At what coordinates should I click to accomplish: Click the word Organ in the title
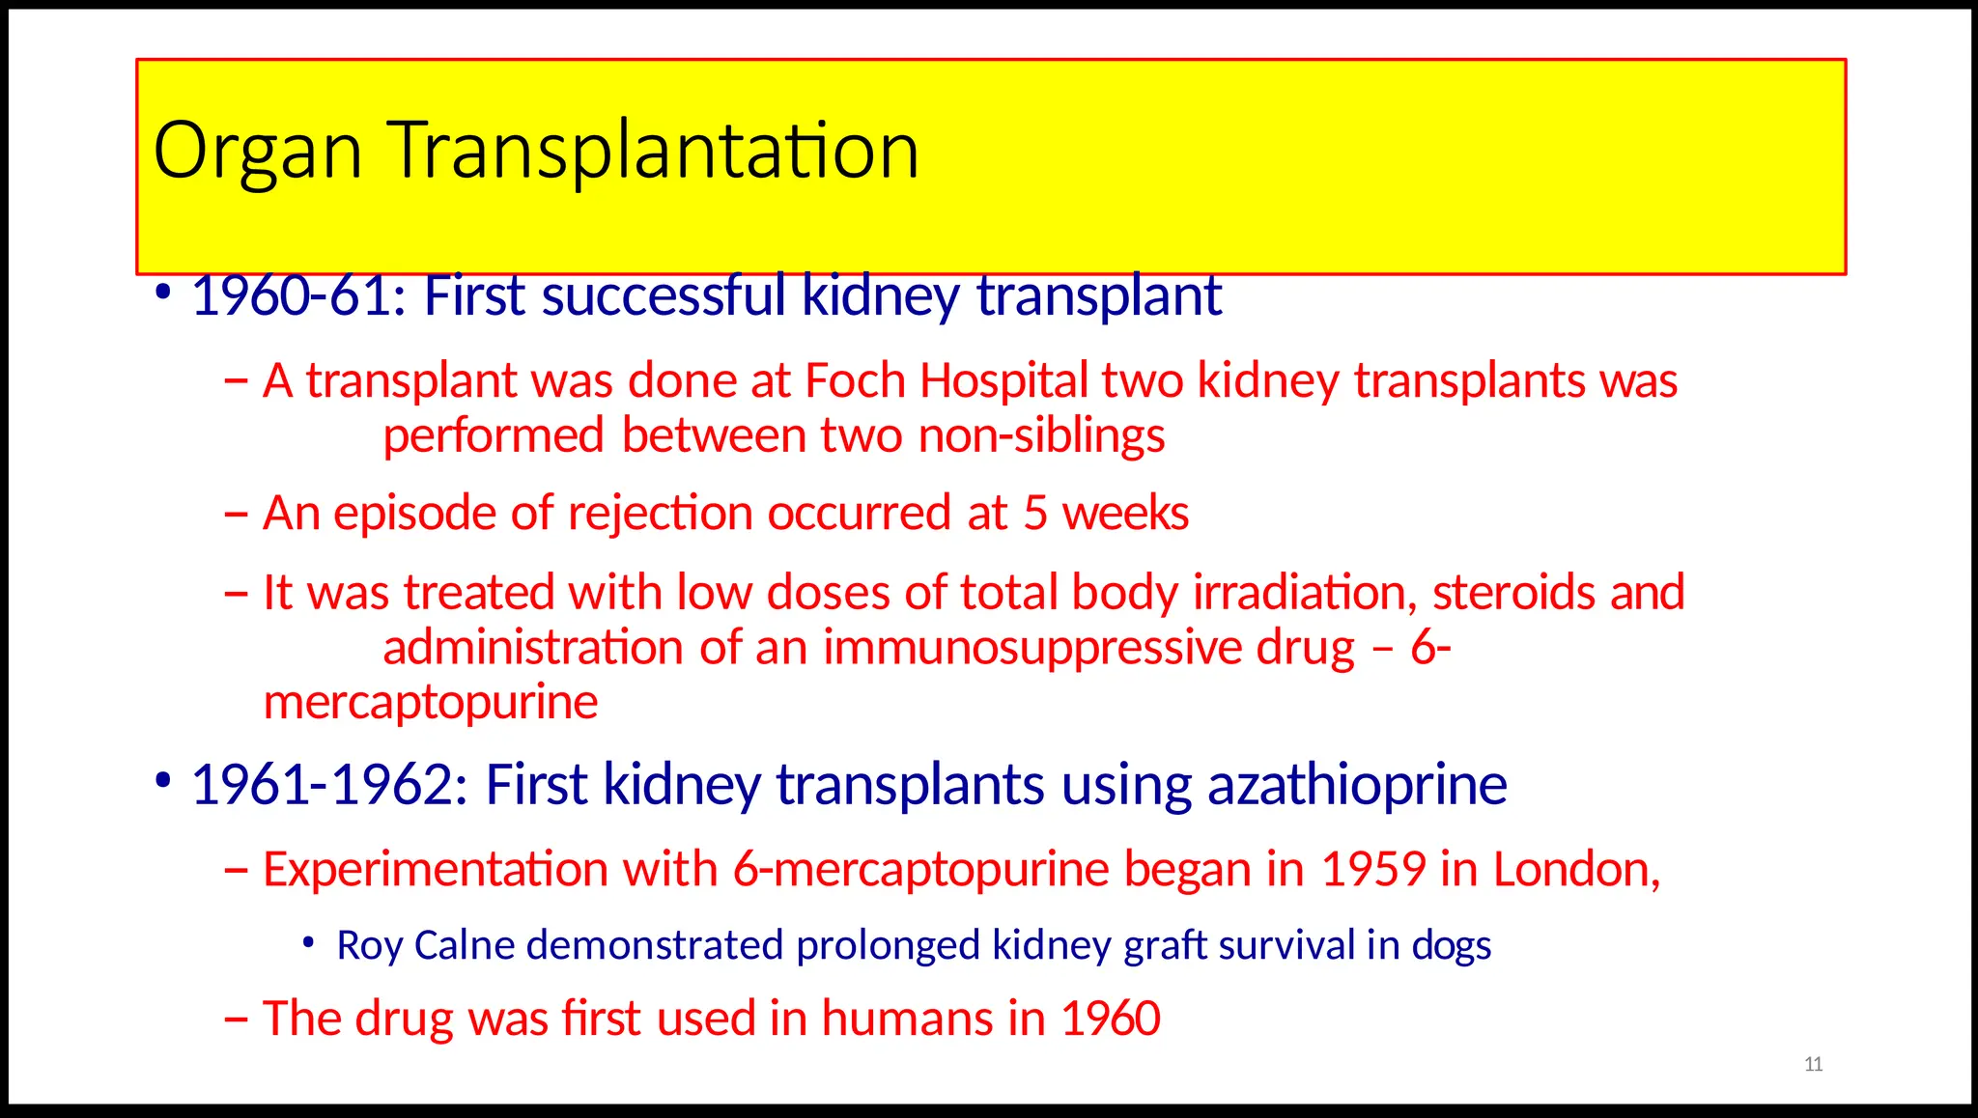257,153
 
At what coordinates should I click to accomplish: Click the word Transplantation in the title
654,153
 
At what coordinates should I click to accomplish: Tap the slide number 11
1813,1064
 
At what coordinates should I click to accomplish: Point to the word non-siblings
1041,436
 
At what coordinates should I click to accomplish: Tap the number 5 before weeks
1035,513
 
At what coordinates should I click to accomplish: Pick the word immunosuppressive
1031,647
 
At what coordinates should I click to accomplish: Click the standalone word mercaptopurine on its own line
431,702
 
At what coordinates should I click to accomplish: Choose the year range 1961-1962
329,784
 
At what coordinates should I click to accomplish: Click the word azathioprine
1357,784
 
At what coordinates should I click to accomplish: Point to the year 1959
1372,869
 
